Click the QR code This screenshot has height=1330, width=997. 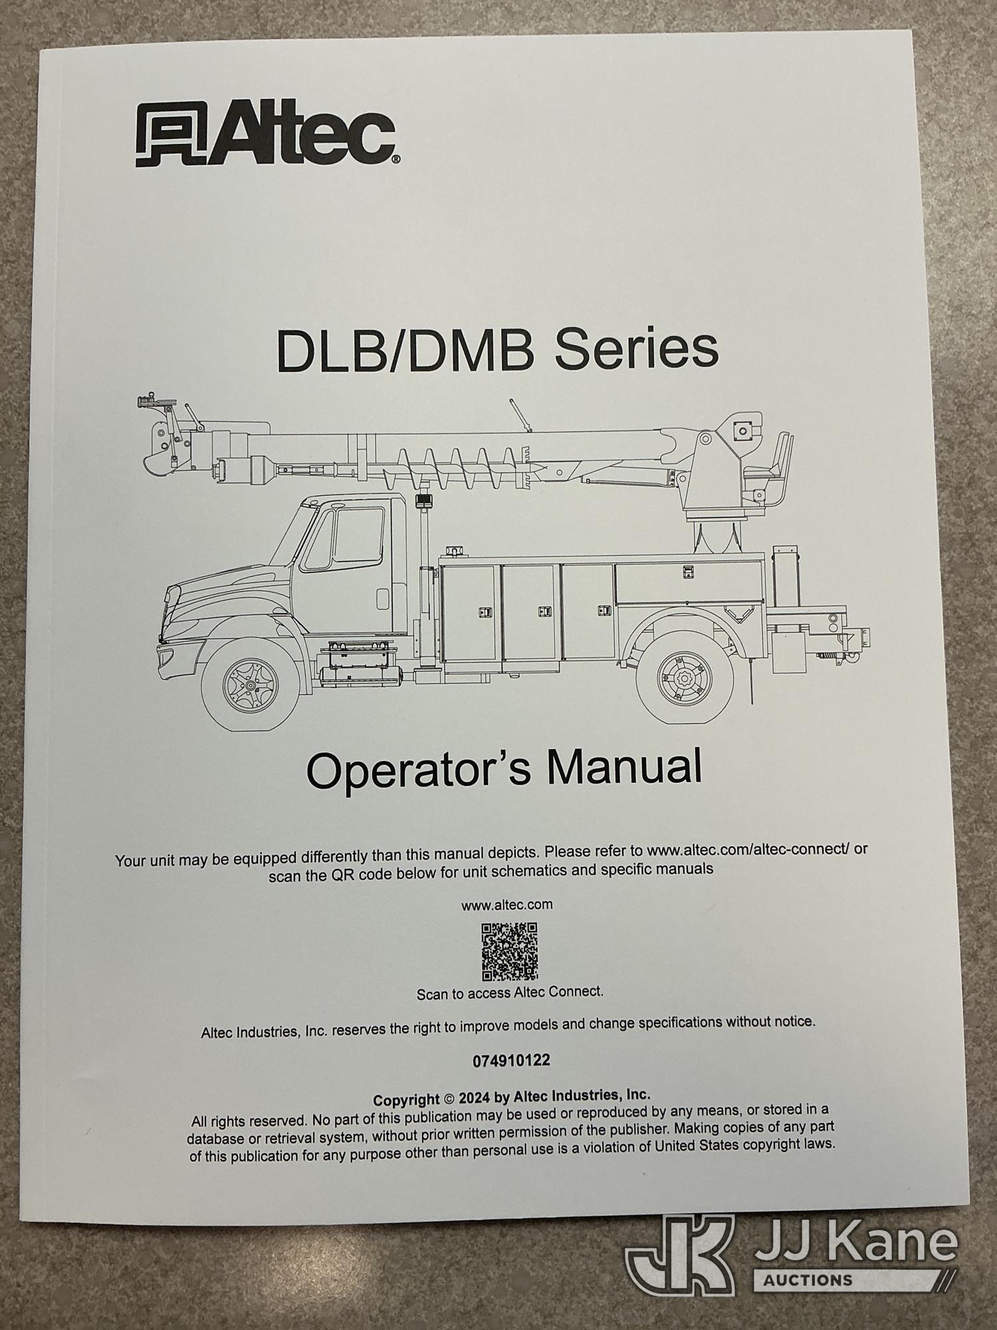click(x=509, y=952)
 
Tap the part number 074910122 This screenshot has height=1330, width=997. click(x=511, y=1061)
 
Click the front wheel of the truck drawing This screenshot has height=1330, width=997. click(x=250, y=684)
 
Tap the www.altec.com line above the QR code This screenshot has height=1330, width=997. click(x=507, y=904)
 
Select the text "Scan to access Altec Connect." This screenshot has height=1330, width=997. click(x=510, y=993)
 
